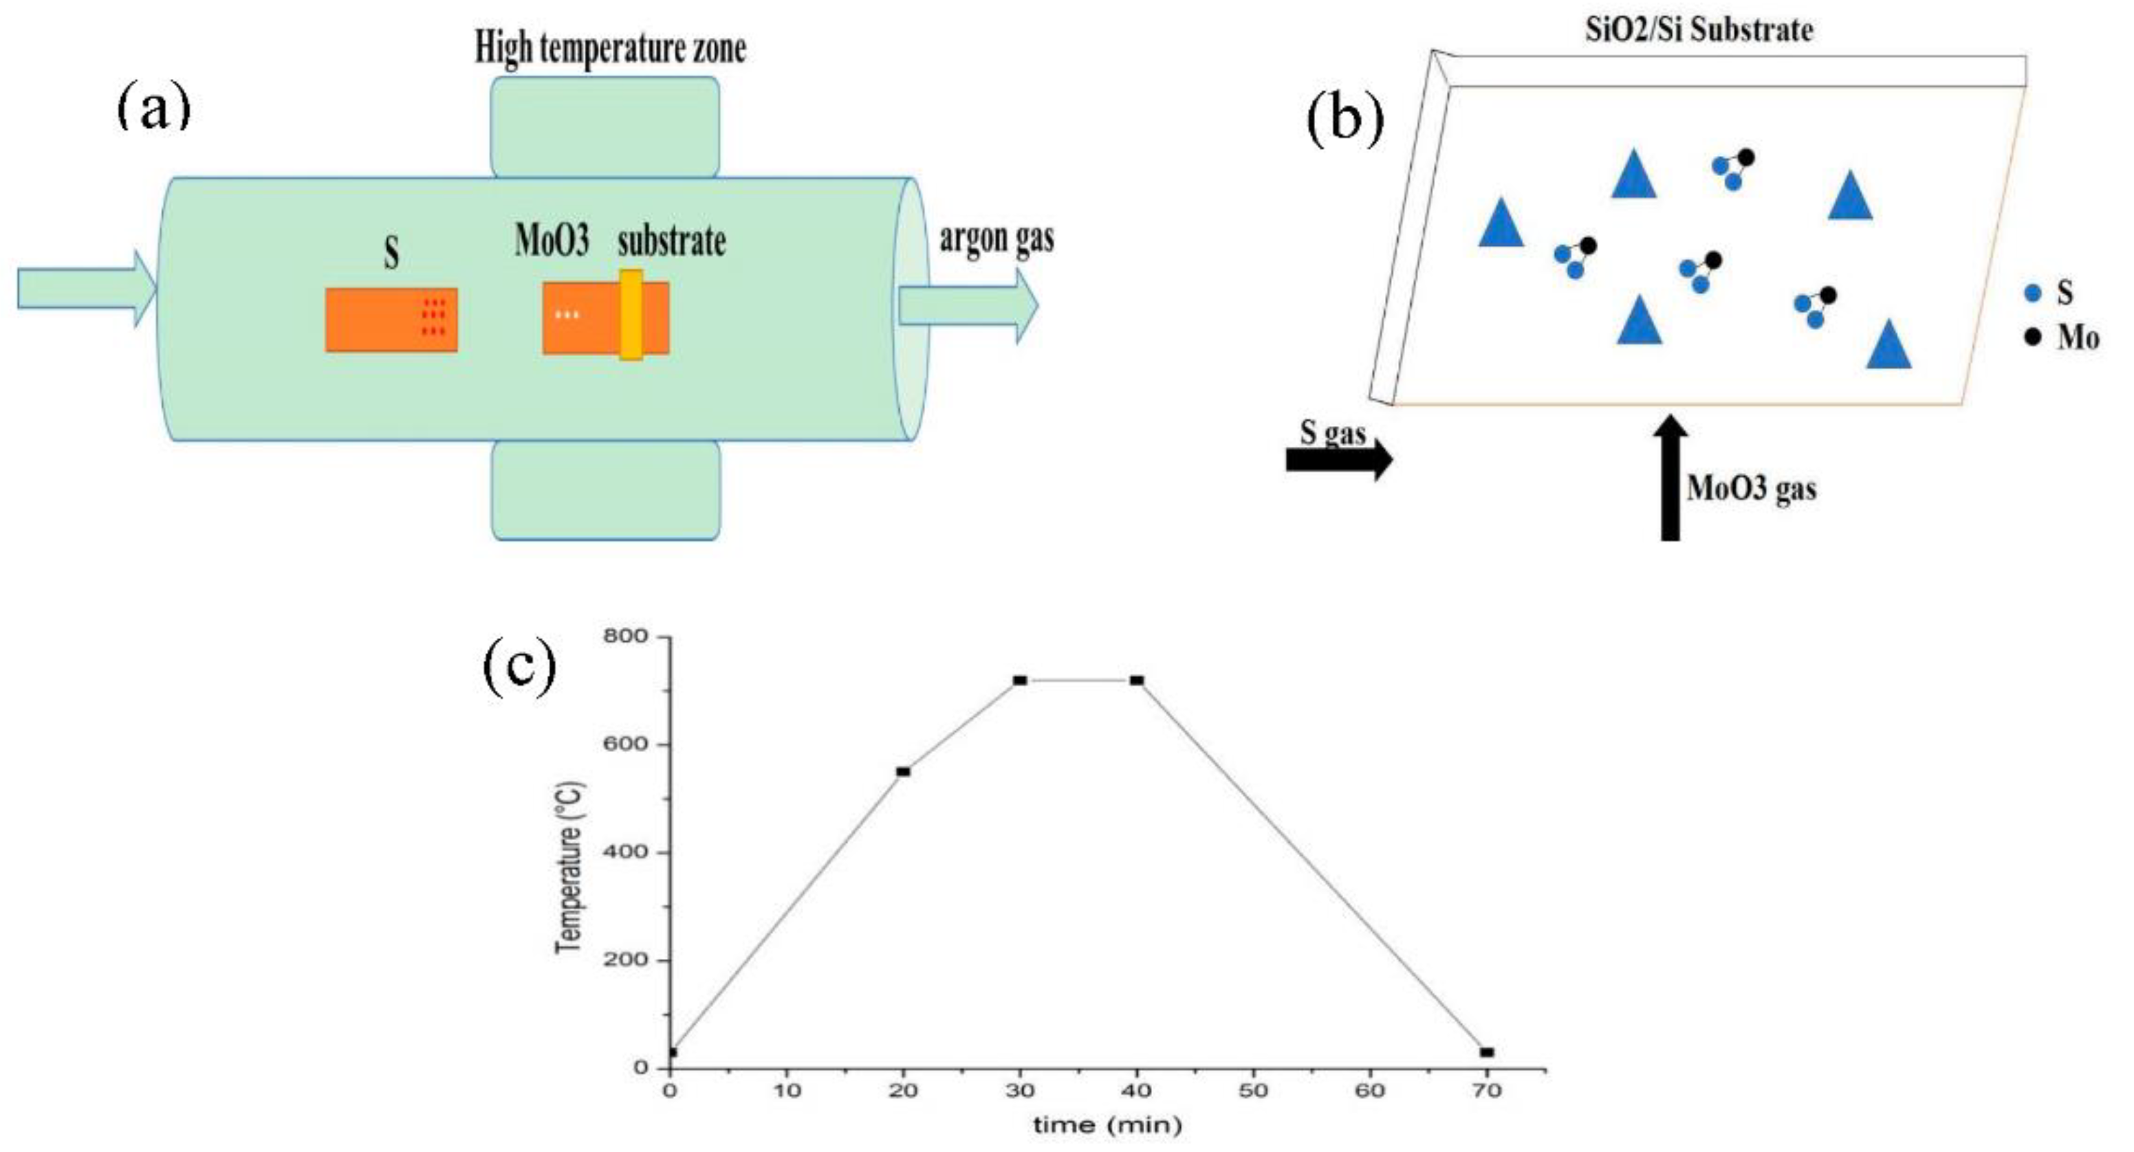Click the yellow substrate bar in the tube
631,315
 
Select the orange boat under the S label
391,320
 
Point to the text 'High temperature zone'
610,48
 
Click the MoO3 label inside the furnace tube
552,241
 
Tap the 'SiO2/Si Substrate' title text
1698,31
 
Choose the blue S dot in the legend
2032,292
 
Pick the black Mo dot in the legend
2032,337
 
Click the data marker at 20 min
903,772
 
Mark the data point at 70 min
1487,1052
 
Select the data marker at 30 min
1020,680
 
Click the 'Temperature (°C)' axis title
571,867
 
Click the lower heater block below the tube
606,490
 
